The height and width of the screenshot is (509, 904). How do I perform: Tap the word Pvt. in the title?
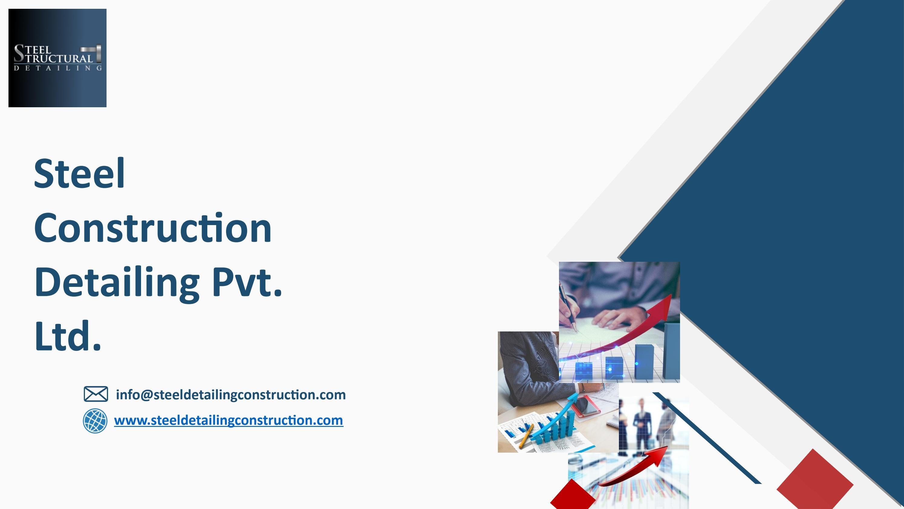(x=247, y=282)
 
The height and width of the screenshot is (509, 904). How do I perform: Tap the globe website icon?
(x=95, y=421)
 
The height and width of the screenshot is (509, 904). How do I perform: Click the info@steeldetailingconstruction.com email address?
(x=231, y=394)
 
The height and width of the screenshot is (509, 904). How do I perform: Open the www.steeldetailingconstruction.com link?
(x=228, y=421)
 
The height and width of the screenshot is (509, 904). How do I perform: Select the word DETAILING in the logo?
(x=58, y=68)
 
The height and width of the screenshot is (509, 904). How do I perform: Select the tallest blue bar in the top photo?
(x=671, y=351)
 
